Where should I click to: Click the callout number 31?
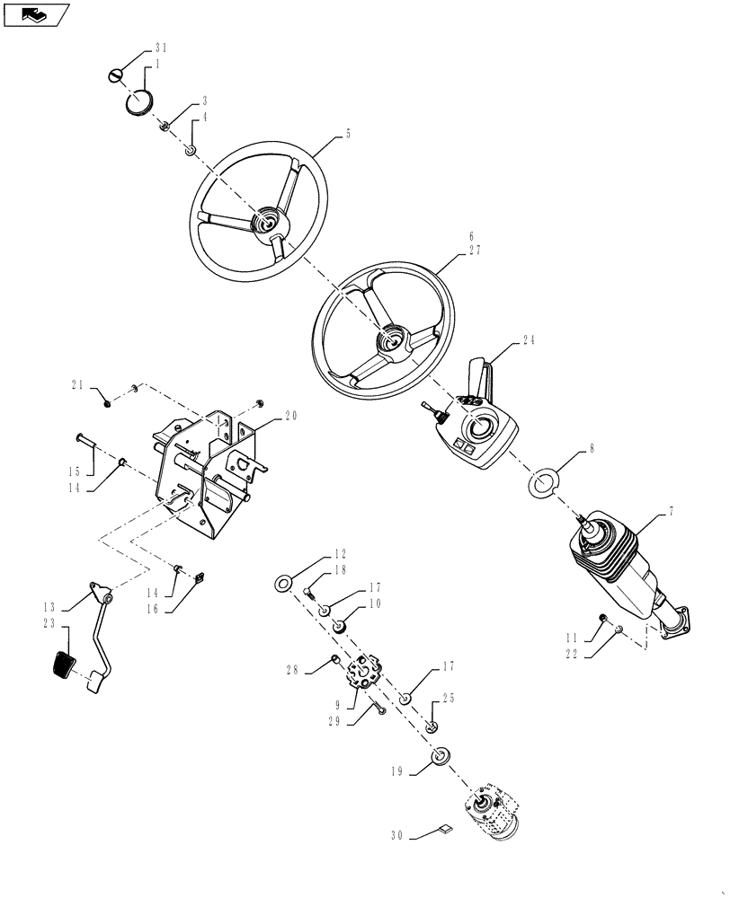160,48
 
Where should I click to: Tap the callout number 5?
348,134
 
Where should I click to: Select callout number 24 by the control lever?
528,340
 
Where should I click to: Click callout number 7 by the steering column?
671,511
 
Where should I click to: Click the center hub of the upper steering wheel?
267,220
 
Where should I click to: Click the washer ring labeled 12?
282,585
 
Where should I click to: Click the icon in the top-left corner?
35,14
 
